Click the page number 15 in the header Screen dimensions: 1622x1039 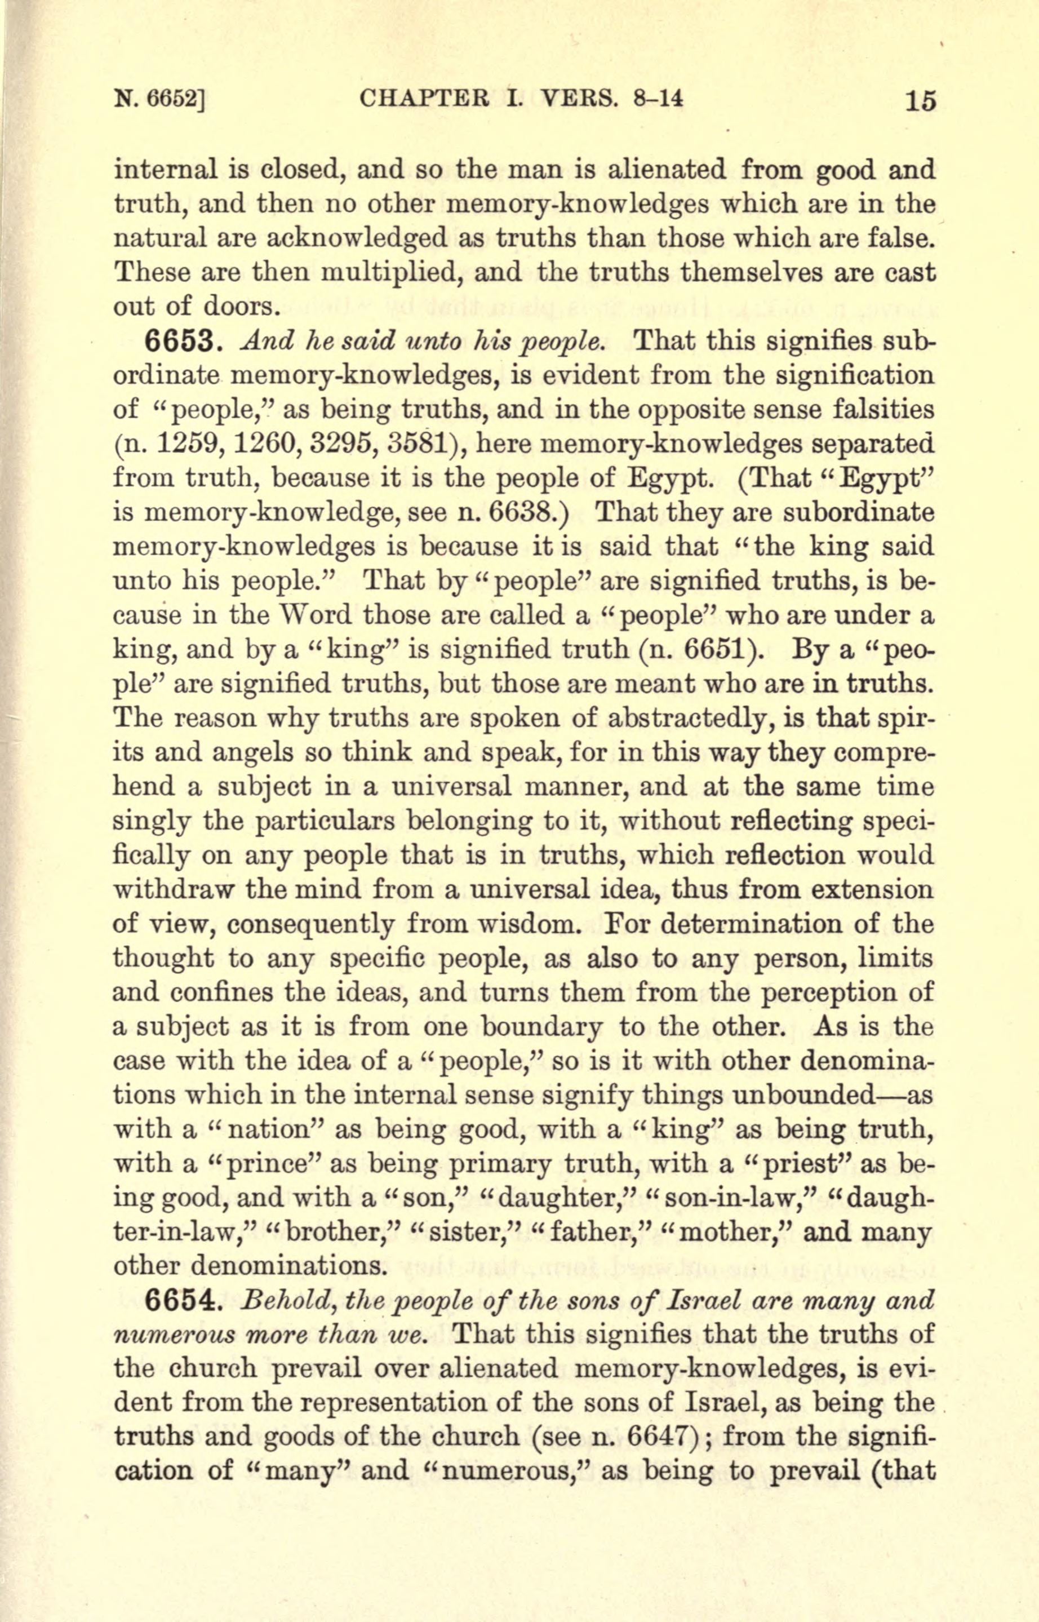920,101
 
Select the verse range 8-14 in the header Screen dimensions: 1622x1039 659,99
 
